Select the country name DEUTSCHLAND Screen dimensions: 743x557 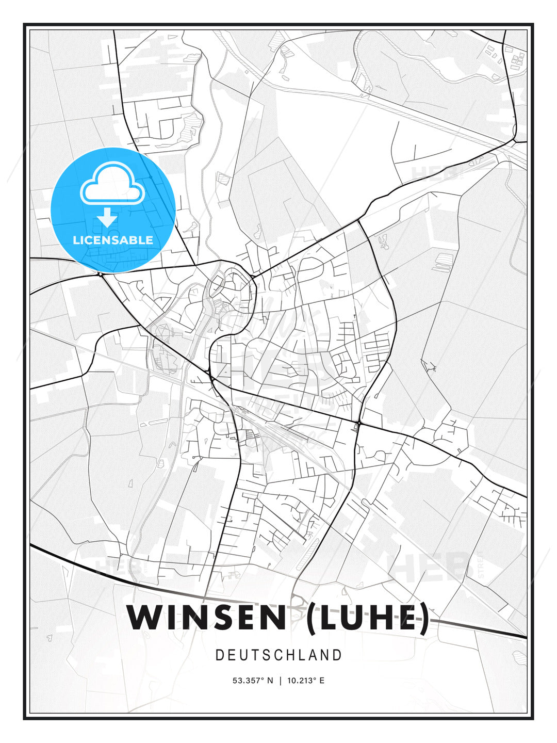(278, 655)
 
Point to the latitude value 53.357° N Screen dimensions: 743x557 (253, 681)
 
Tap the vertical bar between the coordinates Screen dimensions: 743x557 (280, 681)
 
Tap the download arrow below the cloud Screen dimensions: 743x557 (107, 217)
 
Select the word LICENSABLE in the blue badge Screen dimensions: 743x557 (113, 240)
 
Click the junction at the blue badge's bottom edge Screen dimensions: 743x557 (101, 274)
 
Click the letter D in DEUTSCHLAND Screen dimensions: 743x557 (219, 655)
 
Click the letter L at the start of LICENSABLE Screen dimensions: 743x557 (76, 240)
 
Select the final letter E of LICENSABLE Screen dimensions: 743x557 (149, 240)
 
